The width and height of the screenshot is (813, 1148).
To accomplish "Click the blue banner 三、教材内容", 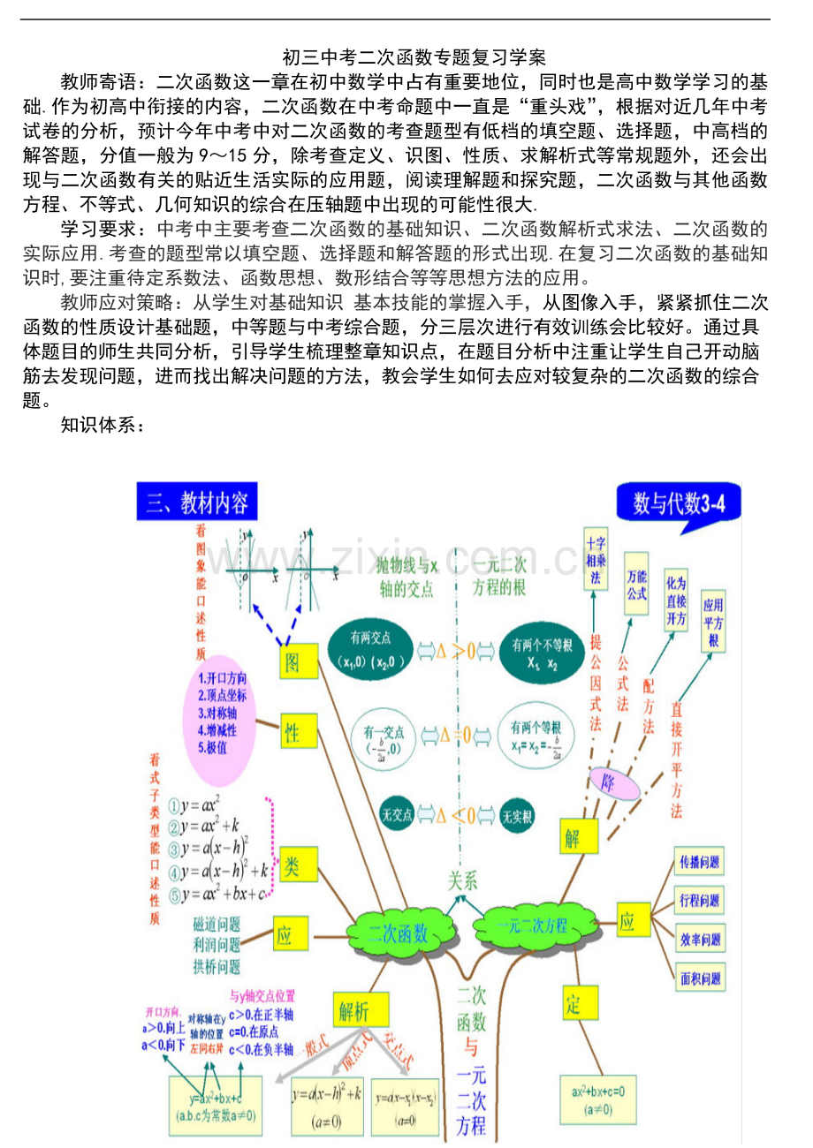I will pos(197,502).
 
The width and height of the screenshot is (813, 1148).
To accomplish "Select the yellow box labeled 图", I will pos(293,661).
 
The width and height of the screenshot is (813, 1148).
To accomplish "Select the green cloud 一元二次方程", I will pos(532,925).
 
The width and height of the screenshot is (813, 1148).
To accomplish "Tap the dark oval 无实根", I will pos(517,815).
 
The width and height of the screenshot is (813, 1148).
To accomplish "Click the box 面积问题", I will pos(699,978).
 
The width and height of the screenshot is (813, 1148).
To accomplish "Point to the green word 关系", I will pos(463,880).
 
